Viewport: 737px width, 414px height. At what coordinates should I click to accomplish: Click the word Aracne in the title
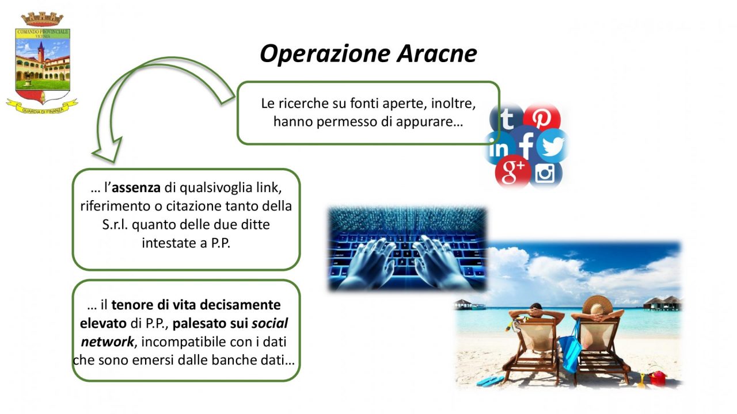436,53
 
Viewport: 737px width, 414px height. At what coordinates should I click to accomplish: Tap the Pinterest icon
542,118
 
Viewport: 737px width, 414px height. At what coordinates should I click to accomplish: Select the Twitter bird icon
553,146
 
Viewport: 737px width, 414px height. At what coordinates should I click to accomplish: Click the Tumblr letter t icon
507,118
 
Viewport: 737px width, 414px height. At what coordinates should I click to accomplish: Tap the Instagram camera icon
545,173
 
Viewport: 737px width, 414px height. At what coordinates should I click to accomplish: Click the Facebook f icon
526,144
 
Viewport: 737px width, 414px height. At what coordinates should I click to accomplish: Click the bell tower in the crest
40,52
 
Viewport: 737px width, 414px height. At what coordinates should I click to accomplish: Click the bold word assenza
136,188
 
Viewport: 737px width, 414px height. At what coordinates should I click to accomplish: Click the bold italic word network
107,342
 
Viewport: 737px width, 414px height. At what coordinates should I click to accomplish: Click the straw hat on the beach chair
598,305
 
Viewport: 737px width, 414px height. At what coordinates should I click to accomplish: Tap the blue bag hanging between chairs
570,349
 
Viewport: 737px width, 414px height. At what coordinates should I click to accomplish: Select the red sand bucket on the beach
658,378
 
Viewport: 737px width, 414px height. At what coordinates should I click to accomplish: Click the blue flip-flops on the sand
490,381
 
